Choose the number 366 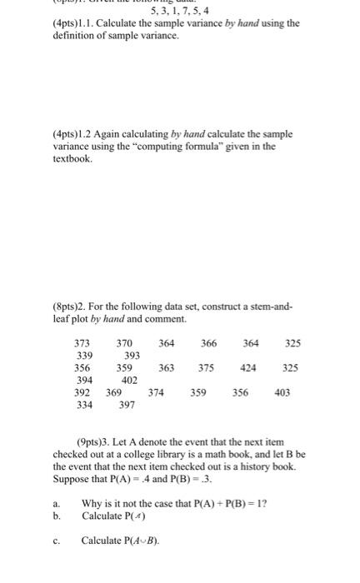[x=208, y=342]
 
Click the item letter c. [x=55, y=540]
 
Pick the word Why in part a [x=91, y=503]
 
